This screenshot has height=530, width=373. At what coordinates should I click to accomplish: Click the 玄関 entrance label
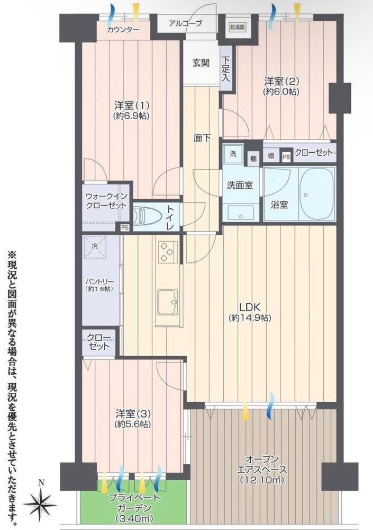pos(201,63)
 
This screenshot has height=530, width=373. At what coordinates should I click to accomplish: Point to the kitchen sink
pos(168,303)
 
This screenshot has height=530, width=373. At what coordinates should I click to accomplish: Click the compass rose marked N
pos(40,503)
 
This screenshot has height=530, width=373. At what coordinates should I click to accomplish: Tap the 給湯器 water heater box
pos(237,27)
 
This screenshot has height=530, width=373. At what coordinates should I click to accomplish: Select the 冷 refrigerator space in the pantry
pos(95,247)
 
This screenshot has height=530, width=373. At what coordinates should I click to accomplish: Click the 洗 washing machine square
pos(233,154)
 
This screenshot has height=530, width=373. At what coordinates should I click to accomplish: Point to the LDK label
pos(249,307)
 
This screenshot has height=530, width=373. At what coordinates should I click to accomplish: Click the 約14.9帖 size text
pos(250,318)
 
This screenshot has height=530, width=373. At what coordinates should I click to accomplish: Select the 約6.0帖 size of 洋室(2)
pos(281,92)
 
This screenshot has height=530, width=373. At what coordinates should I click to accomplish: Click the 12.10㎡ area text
pos(262,480)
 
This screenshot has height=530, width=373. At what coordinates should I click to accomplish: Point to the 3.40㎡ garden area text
pos(134,518)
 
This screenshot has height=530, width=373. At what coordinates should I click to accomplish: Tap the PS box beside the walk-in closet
pos(125,228)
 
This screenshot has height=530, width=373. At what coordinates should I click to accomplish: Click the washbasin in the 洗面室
pos(241,213)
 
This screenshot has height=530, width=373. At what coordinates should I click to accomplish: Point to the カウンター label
pos(123,30)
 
